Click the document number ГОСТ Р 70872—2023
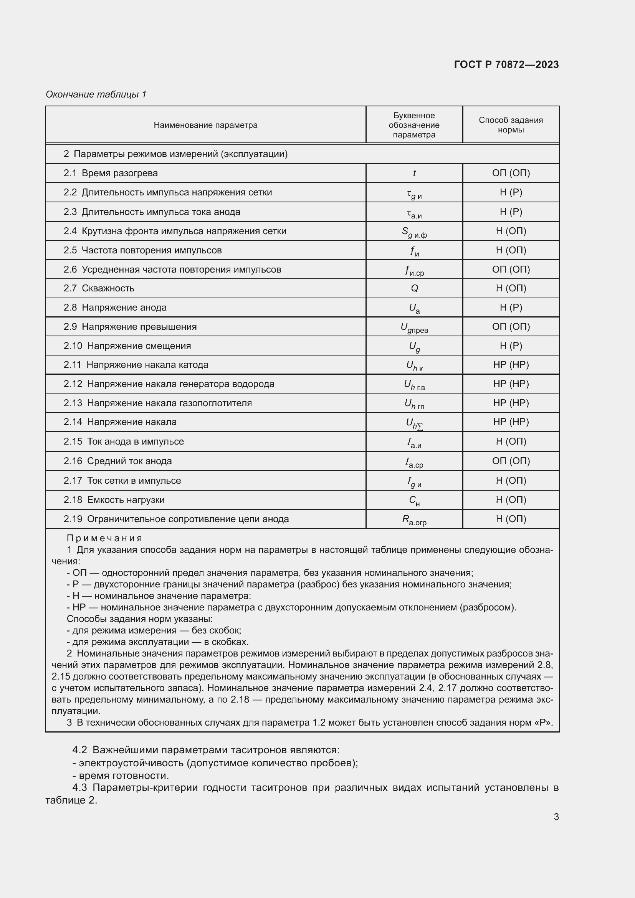(x=506, y=64)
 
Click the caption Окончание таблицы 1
(x=96, y=94)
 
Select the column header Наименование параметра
(x=205, y=125)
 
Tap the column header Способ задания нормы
(x=511, y=125)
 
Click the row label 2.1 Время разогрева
(x=111, y=173)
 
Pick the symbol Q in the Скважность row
(x=414, y=288)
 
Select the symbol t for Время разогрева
(x=414, y=173)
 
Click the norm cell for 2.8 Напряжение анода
(x=511, y=308)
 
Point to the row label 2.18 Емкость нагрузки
(x=114, y=500)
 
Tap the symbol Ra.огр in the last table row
(x=414, y=520)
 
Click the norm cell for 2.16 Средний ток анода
(x=511, y=461)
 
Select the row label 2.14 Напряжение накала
(x=120, y=422)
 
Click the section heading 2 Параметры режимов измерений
(x=175, y=154)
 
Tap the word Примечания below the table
(x=104, y=538)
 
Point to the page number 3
(x=556, y=817)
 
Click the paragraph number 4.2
(x=79, y=750)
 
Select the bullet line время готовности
(x=124, y=776)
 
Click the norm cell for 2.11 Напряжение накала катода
(x=511, y=365)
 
